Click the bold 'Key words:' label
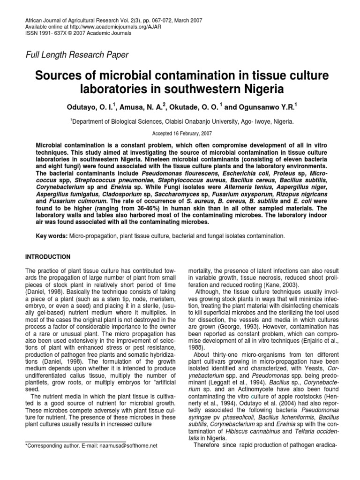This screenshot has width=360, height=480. click(52, 236)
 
